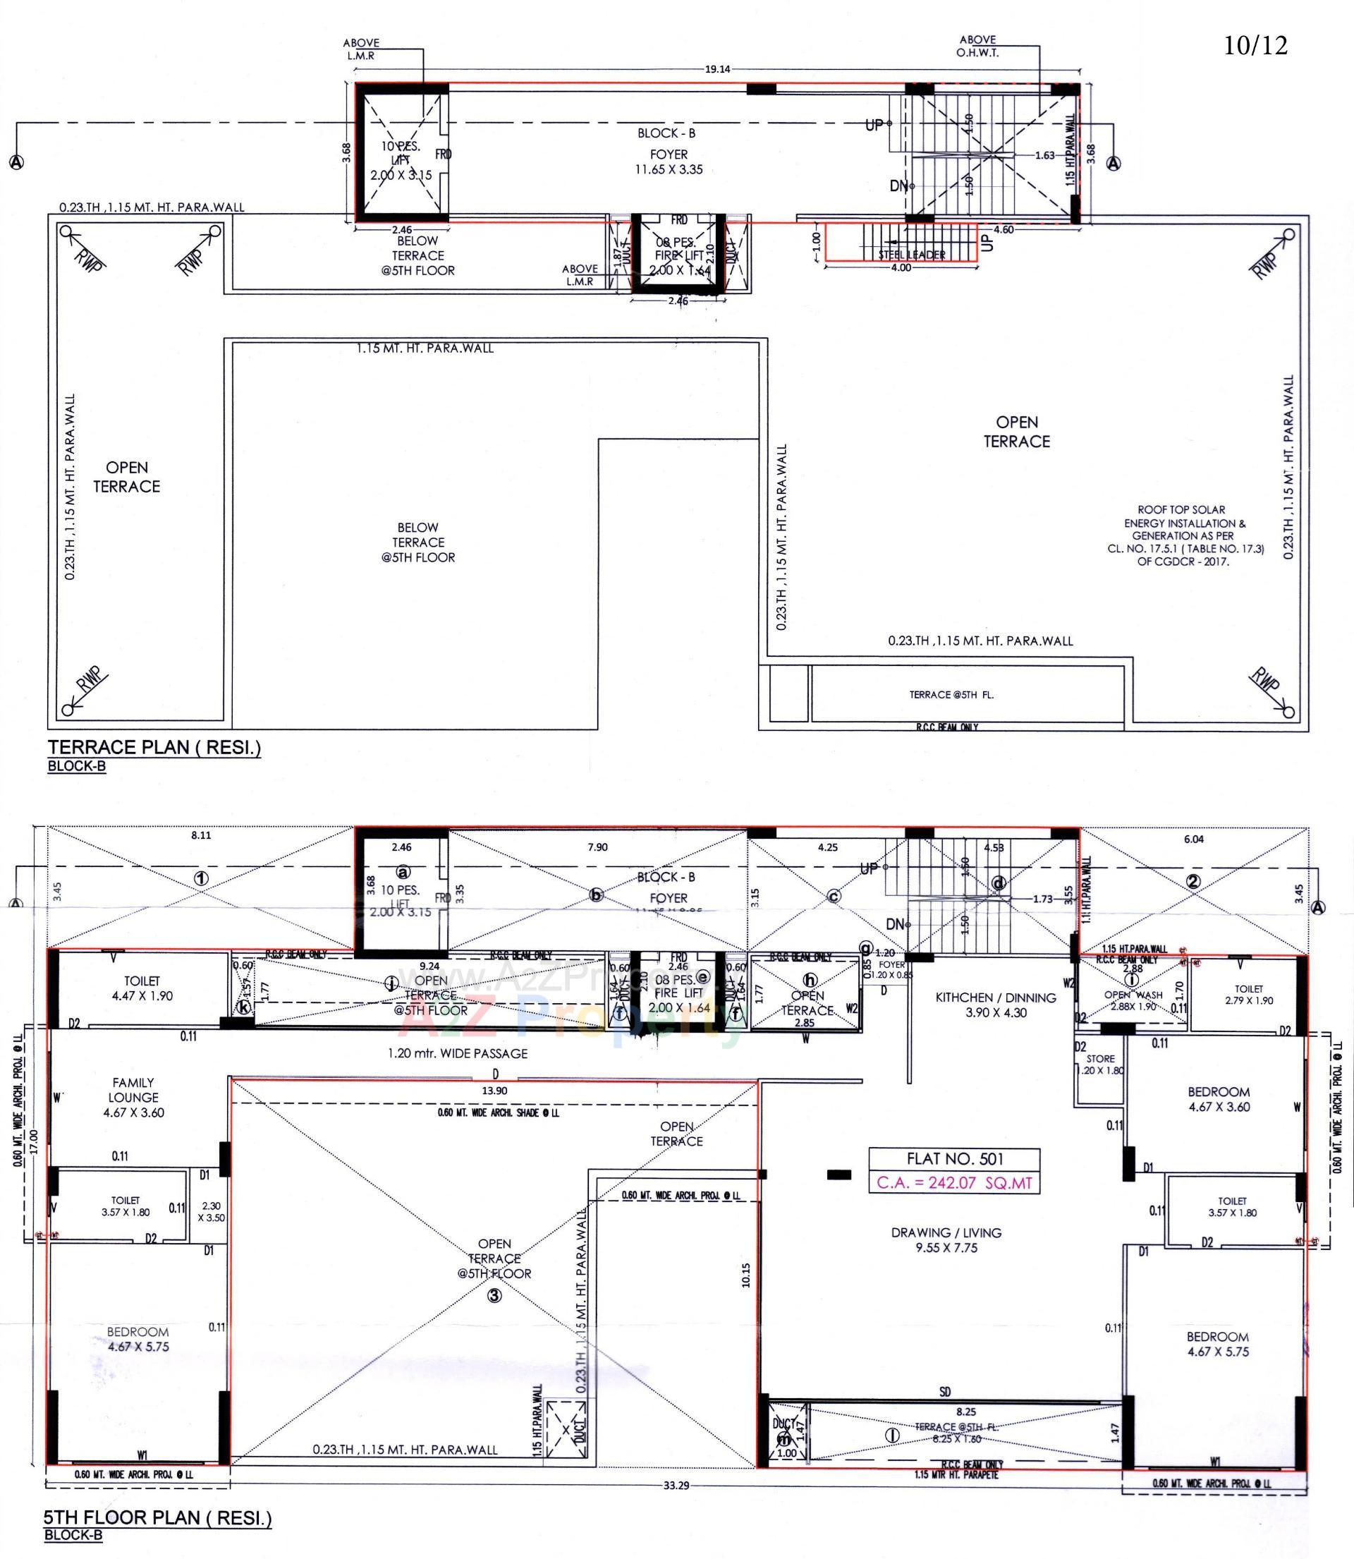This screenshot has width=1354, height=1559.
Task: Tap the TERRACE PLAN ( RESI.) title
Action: tap(154, 747)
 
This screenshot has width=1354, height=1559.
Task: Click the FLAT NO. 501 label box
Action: tap(954, 1158)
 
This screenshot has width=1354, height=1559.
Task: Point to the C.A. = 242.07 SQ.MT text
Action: tap(954, 1183)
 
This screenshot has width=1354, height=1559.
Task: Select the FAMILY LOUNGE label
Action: tap(133, 1097)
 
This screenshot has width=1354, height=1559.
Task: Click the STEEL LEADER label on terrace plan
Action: tap(911, 255)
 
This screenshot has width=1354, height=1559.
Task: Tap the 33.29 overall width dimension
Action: tap(677, 1485)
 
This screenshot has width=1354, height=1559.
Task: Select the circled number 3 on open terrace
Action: tap(494, 1296)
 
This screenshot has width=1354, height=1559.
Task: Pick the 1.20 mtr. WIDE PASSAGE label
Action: tap(457, 1053)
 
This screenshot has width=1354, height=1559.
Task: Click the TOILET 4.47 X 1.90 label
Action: tap(142, 988)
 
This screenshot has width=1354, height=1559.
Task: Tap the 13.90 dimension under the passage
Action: tap(494, 1091)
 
